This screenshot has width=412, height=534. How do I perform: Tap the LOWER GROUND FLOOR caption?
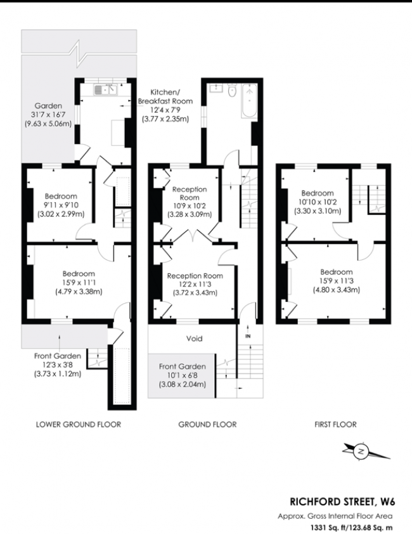tap(78, 424)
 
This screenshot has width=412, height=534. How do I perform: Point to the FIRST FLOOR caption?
tap(335, 424)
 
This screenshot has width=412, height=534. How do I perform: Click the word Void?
tap(195, 339)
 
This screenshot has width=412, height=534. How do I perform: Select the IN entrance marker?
tap(248, 335)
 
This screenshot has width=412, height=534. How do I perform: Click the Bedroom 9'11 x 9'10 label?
tap(60, 205)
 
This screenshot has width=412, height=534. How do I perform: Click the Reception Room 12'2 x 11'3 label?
tap(195, 284)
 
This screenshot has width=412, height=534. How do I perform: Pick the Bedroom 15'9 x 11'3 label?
tap(335, 280)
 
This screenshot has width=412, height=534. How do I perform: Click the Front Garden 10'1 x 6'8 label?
tap(181, 375)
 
